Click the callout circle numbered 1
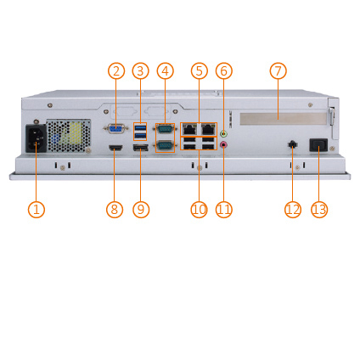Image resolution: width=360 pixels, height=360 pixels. pyautogui.click(x=37, y=210)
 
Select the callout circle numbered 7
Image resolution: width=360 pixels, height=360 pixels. pyautogui.click(x=278, y=70)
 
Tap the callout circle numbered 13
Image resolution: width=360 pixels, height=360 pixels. pyautogui.click(x=319, y=210)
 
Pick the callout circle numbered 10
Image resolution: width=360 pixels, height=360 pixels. pyautogui.click(x=199, y=210)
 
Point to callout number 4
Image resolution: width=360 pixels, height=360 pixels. pyautogui.click(x=166, y=70)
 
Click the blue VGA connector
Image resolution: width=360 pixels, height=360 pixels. pyautogui.click(x=115, y=129)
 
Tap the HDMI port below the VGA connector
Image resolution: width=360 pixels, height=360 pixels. pyautogui.click(x=115, y=148)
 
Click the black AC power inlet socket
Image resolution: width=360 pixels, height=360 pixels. pyautogui.click(x=37, y=138)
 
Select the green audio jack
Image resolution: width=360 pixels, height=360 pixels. pyautogui.click(x=224, y=133)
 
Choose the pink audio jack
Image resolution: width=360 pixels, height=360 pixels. pyautogui.click(x=224, y=144)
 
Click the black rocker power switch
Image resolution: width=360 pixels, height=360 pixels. pyautogui.click(x=319, y=145)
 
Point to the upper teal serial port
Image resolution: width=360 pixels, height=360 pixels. pyautogui.click(x=165, y=129)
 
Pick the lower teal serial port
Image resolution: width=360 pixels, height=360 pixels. pyautogui.click(x=165, y=145)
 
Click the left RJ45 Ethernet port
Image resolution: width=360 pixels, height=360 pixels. pyautogui.click(x=189, y=129)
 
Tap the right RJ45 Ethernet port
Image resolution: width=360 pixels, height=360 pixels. pyautogui.click(x=208, y=129)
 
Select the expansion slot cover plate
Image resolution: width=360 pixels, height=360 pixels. pyautogui.click(x=284, y=119)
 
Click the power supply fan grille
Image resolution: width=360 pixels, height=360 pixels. pyautogui.click(x=69, y=136)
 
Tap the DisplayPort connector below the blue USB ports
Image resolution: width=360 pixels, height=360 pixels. pyautogui.click(x=140, y=148)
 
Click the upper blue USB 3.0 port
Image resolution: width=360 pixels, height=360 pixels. pyautogui.click(x=140, y=127)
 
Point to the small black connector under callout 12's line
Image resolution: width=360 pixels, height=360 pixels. pyautogui.click(x=292, y=144)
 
